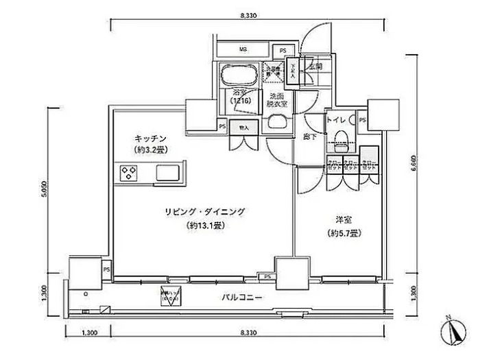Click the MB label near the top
[x=243, y=50]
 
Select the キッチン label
[x=151, y=137]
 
